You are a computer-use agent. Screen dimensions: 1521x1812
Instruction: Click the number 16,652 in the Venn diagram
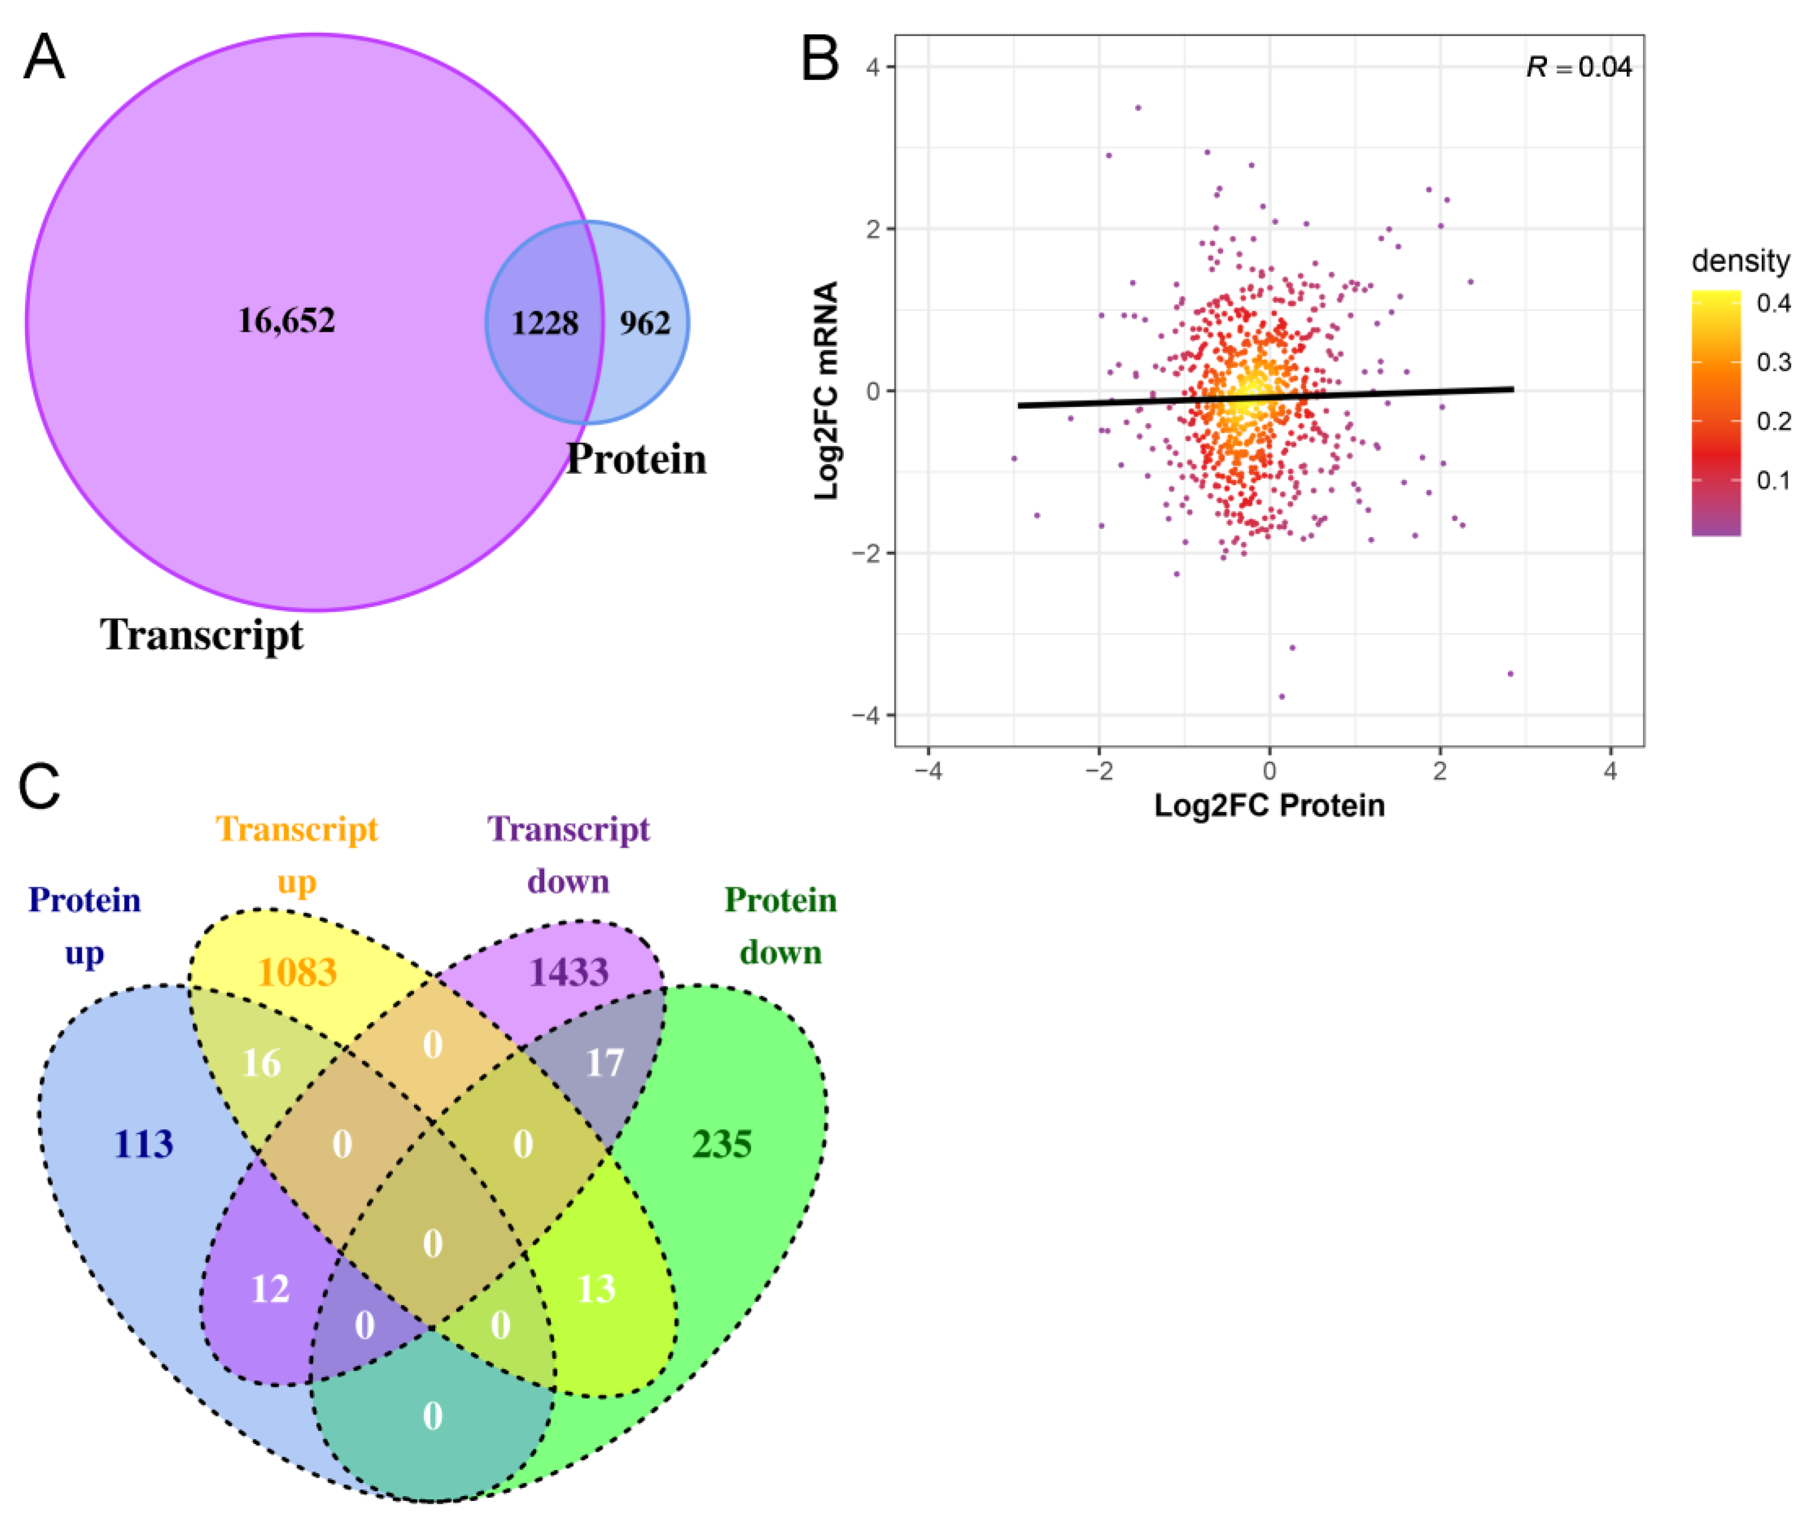coord(287,321)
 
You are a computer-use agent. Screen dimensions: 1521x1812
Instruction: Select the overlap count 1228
coord(544,324)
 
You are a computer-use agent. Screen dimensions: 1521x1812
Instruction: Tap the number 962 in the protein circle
coord(644,324)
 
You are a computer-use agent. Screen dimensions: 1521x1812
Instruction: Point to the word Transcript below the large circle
coord(202,635)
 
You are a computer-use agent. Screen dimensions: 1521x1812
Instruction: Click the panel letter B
coord(820,59)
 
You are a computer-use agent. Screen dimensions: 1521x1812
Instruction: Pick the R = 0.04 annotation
coord(1578,67)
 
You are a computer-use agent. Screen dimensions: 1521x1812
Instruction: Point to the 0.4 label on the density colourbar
coord(1773,303)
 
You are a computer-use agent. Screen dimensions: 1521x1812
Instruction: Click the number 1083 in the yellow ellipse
coord(297,972)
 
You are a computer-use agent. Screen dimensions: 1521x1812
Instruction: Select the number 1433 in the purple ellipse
coord(569,972)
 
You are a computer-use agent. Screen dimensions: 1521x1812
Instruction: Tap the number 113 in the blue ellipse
coord(144,1144)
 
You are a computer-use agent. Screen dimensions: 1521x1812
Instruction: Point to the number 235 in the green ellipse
coord(722,1144)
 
